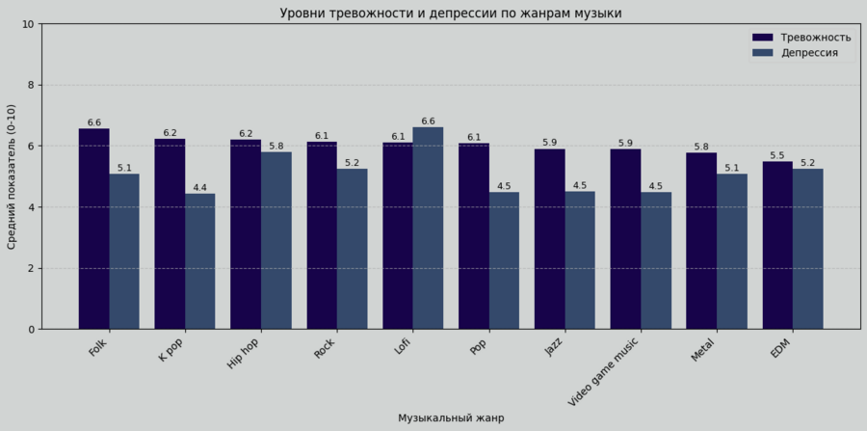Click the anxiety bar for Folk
[x=93, y=229]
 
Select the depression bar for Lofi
[x=428, y=228]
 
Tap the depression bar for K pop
[x=200, y=261]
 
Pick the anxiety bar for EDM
[x=777, y=245]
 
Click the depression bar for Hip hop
[x=276, y=240]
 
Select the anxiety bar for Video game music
[x=625, y=238]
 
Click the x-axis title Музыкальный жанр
[x=450, y=418]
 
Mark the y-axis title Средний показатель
[x=13, y=176]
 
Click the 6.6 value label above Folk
[x=93, y=123]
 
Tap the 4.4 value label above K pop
[x=200, y=188]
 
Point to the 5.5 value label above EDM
[x=777, y=156]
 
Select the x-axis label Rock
[x=326, y=348]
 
